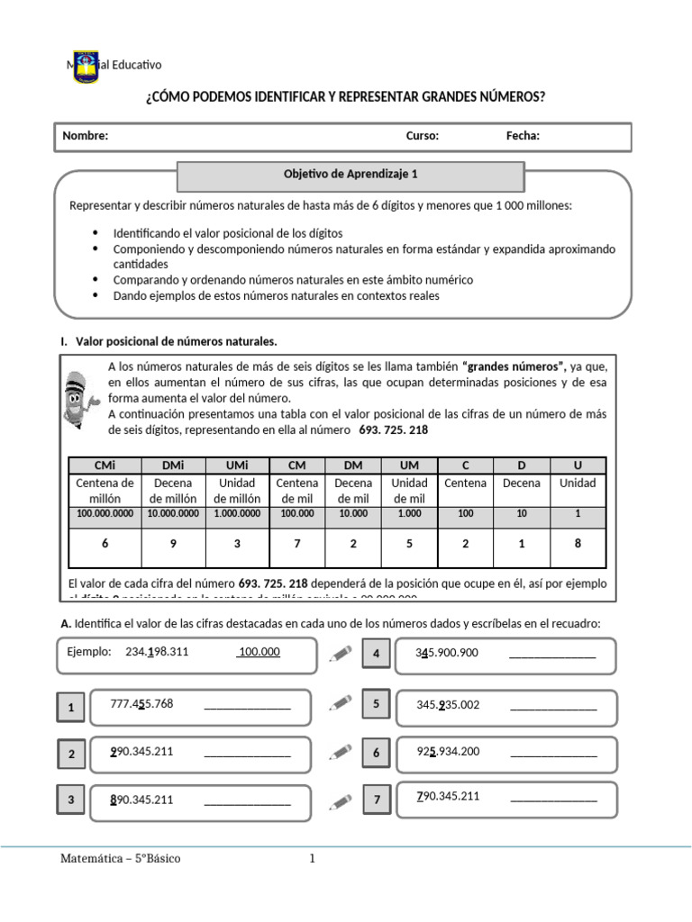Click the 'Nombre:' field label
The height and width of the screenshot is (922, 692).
[x=85, y=136]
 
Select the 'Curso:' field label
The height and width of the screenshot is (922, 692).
[x=422, y=136]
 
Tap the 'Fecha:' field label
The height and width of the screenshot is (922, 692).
[x=523, y=136]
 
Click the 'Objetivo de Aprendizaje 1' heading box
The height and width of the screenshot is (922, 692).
[x=351, y=176]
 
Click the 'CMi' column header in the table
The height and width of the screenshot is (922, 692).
[x=104, y=466]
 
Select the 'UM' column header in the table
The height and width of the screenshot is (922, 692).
[x=409, y=466]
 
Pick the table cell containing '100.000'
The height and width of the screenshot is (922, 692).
[x=297, y=513]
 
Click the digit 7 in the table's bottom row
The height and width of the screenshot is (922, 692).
[x=297, y=544]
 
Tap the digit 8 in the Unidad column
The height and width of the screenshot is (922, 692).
[x=578, y=544]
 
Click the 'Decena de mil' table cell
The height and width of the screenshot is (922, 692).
[x=353, y=491]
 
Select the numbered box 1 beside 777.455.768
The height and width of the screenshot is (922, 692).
[x=71, y=709]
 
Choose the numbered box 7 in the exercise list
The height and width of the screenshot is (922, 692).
[x=377, y=799]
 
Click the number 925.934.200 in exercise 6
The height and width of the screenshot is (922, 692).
[x=448, y=751]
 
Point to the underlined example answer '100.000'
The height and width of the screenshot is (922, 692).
[x=258, y=652]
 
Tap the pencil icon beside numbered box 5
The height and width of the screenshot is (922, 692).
[x=341, y=701]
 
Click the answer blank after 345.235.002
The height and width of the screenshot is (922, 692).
[x=552, y=706]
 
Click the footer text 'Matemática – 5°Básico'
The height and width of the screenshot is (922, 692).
[x=120, y=858]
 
